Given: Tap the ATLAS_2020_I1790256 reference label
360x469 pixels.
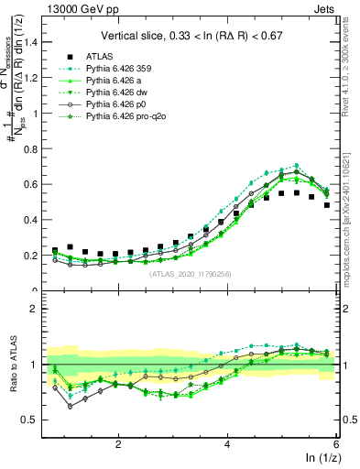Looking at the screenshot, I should [x=191, y=273].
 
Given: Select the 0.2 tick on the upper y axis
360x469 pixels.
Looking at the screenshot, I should [x=33, y=256].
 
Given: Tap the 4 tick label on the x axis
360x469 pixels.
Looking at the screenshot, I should [x=227, y=442].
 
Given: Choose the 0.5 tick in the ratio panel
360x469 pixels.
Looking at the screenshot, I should [x=33, y=420].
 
